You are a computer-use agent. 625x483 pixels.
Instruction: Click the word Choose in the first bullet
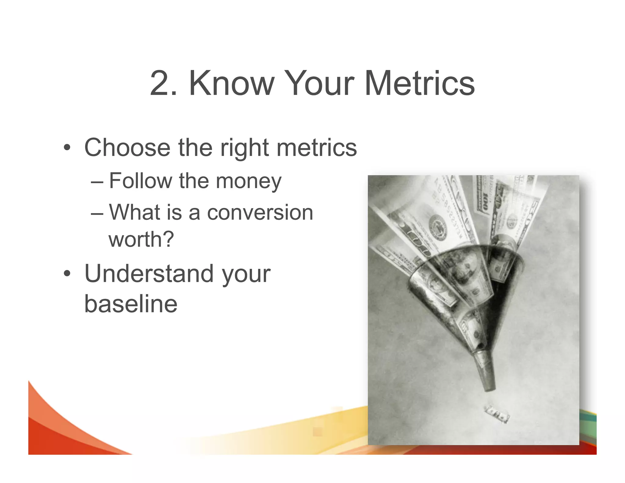[x=127, y=147]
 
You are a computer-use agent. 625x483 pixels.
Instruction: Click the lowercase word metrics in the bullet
[x=316, y=147]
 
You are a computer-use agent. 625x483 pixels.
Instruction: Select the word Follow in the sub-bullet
[x=140, y=181]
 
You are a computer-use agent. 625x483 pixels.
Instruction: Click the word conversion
[x=260, y=212]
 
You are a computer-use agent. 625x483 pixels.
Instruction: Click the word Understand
[x=149, y=274]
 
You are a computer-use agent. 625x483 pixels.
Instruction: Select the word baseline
[x=131, y=304]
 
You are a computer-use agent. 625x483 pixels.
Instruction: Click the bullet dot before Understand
[x=67, y=274]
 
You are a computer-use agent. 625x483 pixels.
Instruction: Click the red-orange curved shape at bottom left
[x=61, y=434]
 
